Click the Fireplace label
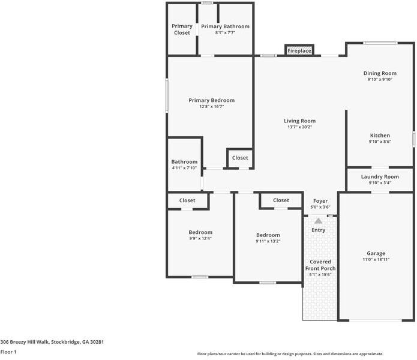pos(299,51)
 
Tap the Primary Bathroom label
pos(225,26)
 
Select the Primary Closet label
pos(182,29)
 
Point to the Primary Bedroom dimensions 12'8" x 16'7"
pos(211,107)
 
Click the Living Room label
pos(299,121)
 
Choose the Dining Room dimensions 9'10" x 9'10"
pos(380,79)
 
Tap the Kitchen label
pos(380,136)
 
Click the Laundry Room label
pos(380,177)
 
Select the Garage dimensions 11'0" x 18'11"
pos(376,260)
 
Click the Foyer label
pos(320,201)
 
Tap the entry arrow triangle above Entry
pos(318,221)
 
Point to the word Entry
pos(318,230)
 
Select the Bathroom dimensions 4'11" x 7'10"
pos(184,168)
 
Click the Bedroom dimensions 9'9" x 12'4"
pos(200,238)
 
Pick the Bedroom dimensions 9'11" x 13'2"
pos(268,241)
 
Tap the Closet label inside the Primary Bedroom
pos(240,158)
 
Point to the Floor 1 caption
pos(8,352)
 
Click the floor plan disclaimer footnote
pos(290,354)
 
